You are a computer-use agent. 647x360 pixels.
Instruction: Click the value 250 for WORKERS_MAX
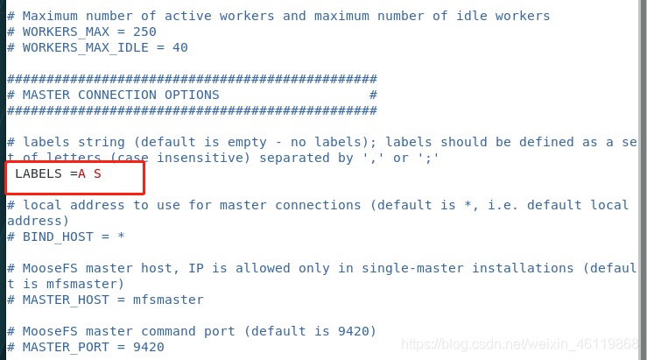(144, 32)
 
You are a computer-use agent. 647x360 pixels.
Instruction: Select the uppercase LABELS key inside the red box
(39, 173)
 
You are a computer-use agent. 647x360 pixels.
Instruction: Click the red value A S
(89, 173)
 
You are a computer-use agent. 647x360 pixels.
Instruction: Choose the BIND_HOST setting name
(58, 236)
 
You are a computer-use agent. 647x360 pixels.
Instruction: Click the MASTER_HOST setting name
(66, 300)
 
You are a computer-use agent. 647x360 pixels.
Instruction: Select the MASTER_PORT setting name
(66, 347)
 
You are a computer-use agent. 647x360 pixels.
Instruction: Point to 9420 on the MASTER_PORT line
(148, 347)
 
